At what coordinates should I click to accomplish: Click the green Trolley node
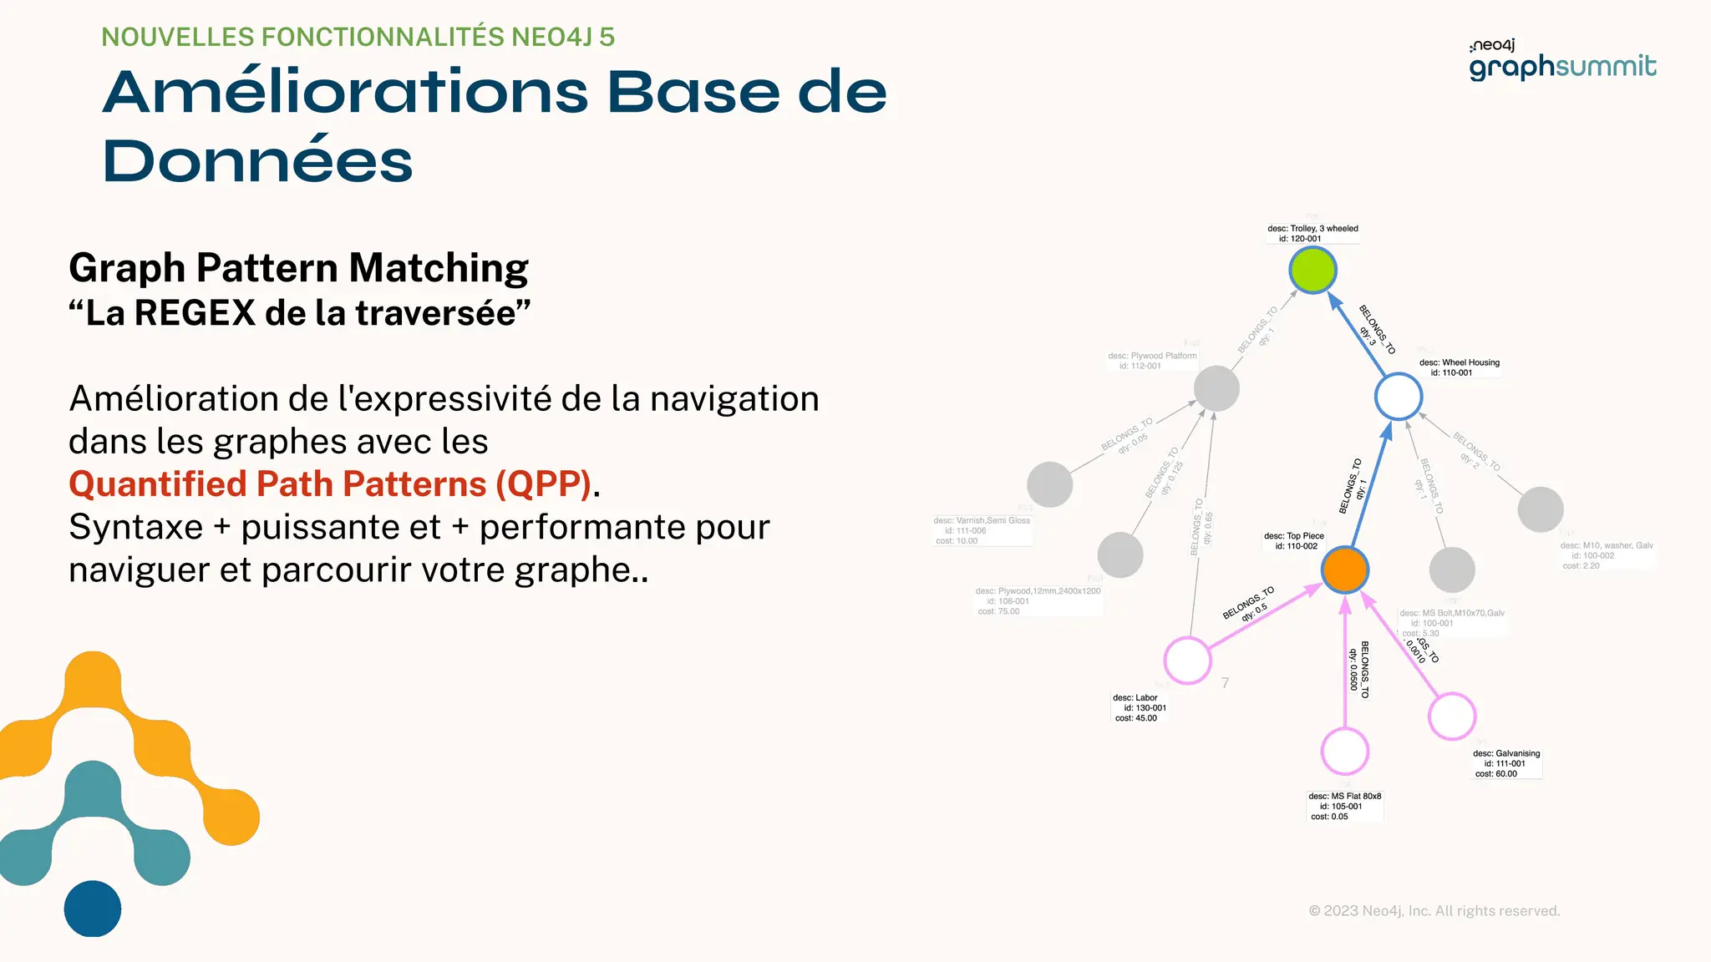coord(1312,271)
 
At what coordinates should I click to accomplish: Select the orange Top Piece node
coord(1344,570)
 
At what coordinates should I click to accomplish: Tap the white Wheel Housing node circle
coord(1399,397)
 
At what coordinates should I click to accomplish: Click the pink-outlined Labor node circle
coord(1187,660)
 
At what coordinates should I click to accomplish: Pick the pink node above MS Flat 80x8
coord(1344,751)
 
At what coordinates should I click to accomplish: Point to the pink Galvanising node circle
coord(1452,716)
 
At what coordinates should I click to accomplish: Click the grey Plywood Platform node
coord(1216,388)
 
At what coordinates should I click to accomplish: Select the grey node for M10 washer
coord(1540,509)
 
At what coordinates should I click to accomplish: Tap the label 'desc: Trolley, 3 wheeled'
coord(1312,229)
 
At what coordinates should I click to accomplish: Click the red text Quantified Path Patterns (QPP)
coord(330,484)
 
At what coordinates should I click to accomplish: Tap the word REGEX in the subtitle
coord(195,313)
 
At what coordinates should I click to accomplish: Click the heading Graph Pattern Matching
coord(298,268)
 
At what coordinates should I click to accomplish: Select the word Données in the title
coord(257,161)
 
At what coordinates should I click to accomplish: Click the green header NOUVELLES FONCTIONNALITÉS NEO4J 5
coord(358,38)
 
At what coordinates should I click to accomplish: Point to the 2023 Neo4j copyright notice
coord(1434,911)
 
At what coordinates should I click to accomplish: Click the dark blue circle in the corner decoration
coord(93,909)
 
